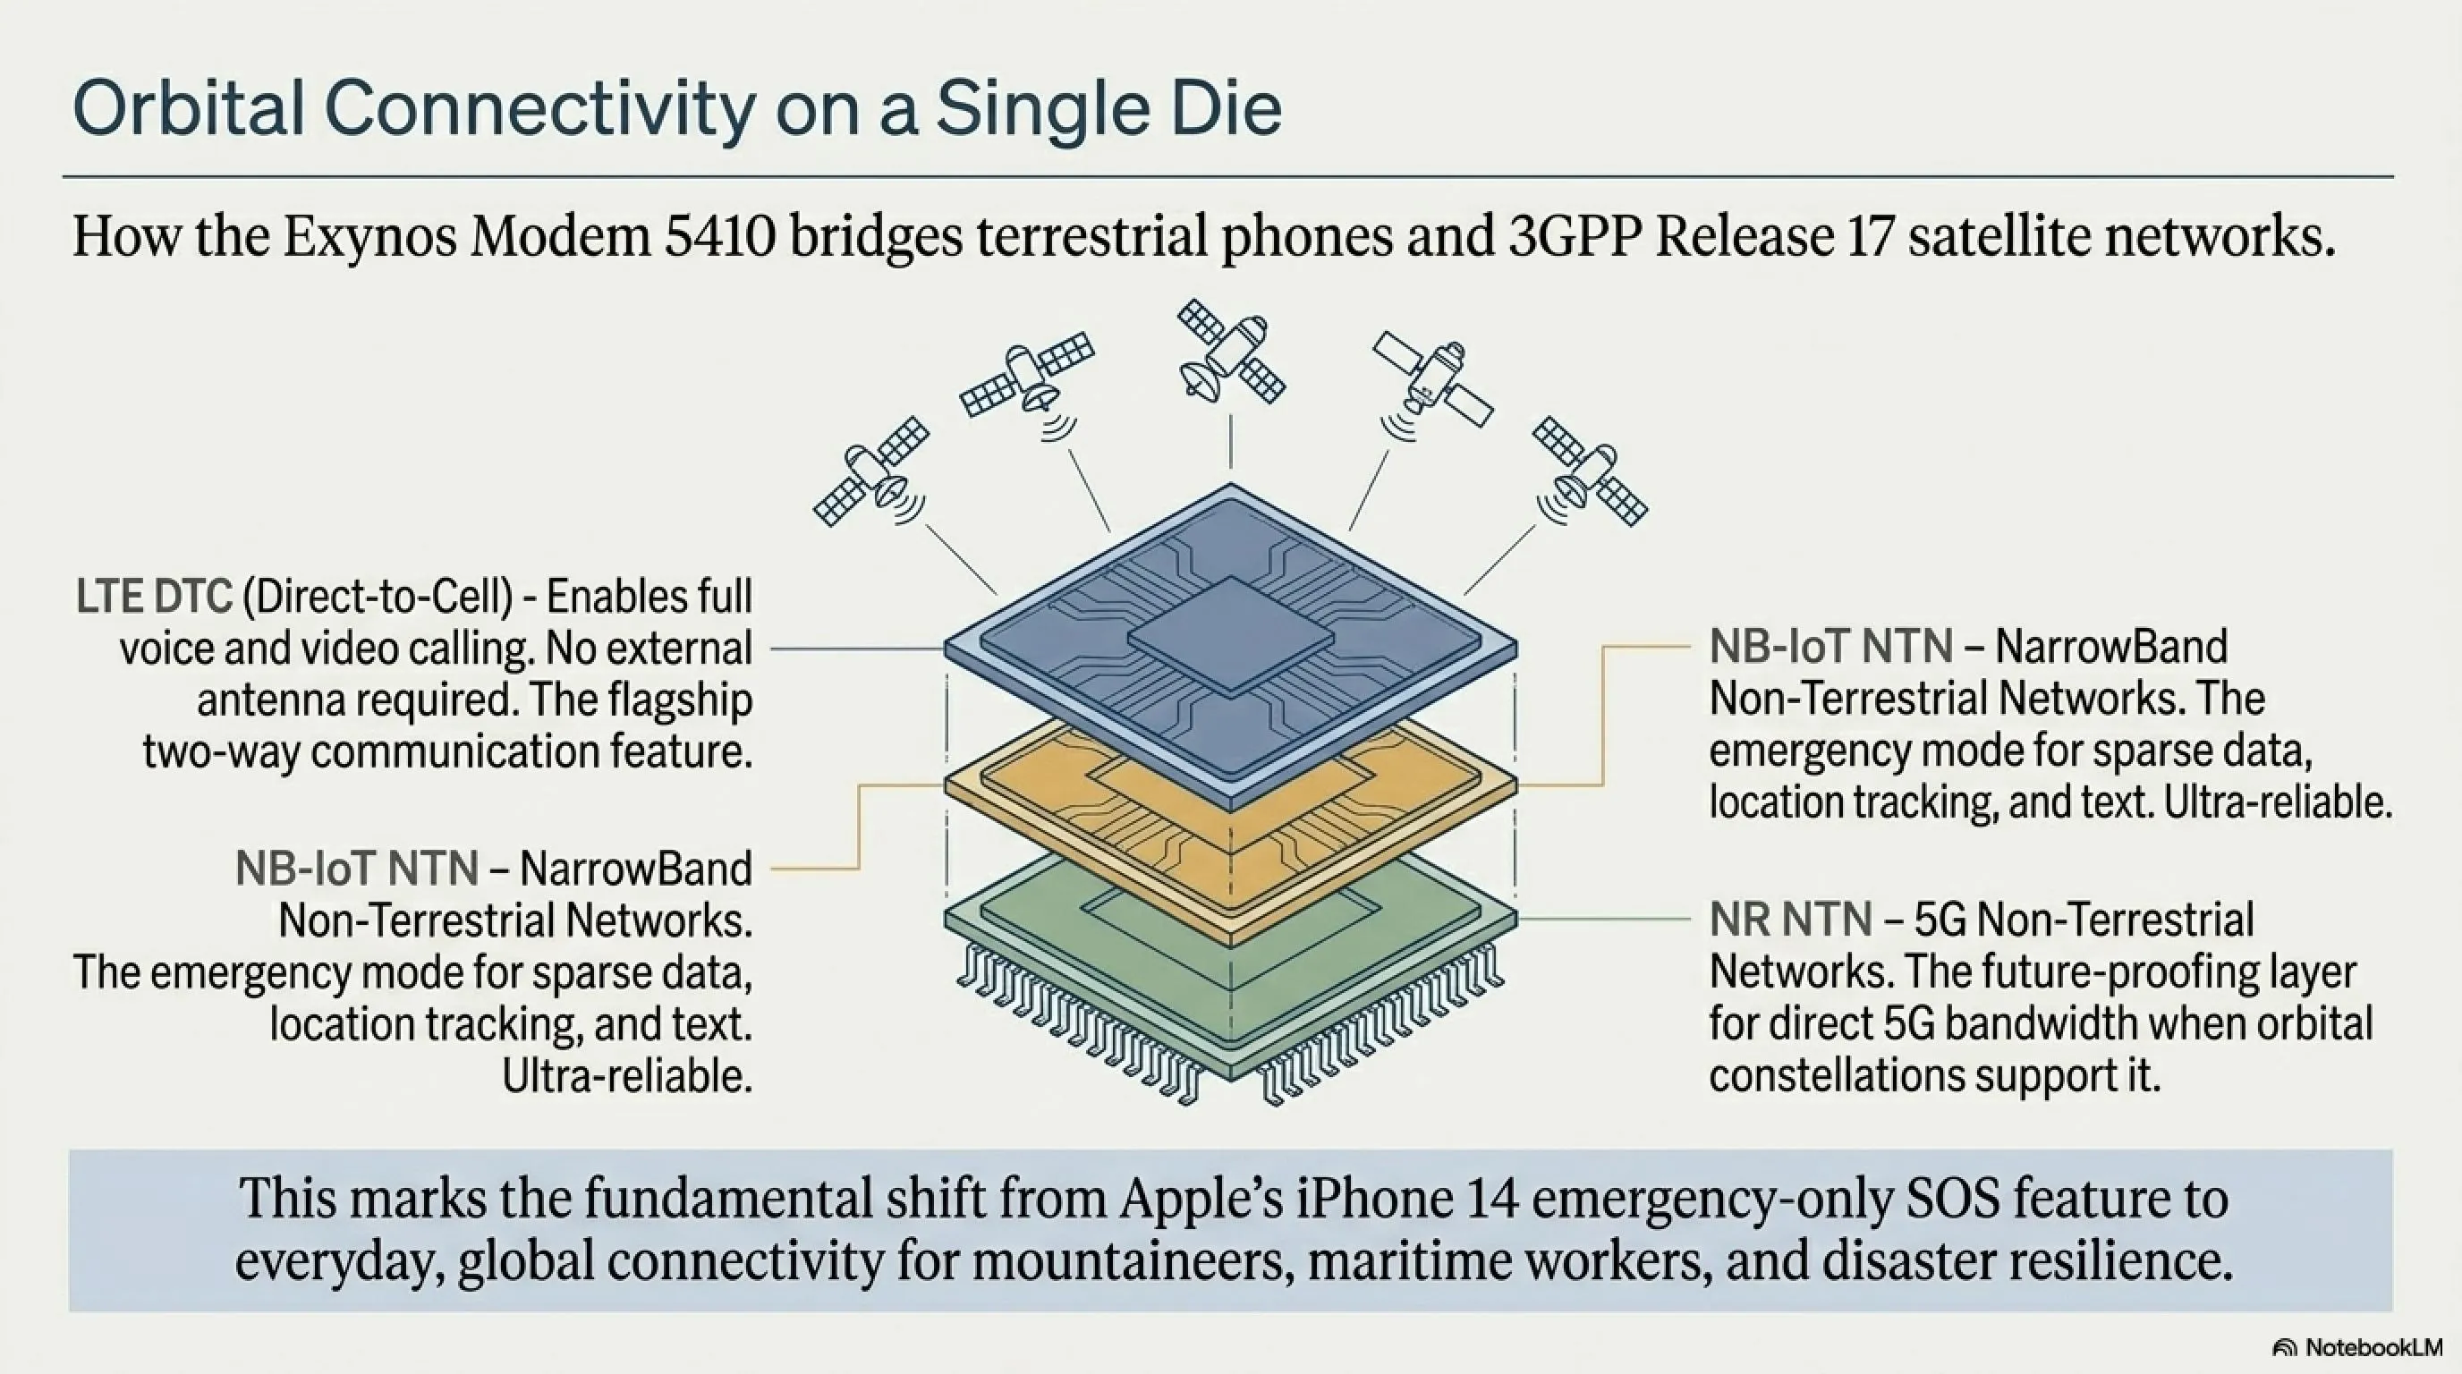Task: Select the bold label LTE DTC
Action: (x=154, y=598)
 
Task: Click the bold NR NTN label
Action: (x=1790, y=920)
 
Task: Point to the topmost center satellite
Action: (x=1231, y=350)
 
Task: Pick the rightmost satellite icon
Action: (x=1590, y=471)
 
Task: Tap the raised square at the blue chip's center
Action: (x=1230, y=635)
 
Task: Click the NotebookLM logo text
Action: (x=2373, y=1347)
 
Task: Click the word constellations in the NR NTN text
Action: (x=1834, y=1076)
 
